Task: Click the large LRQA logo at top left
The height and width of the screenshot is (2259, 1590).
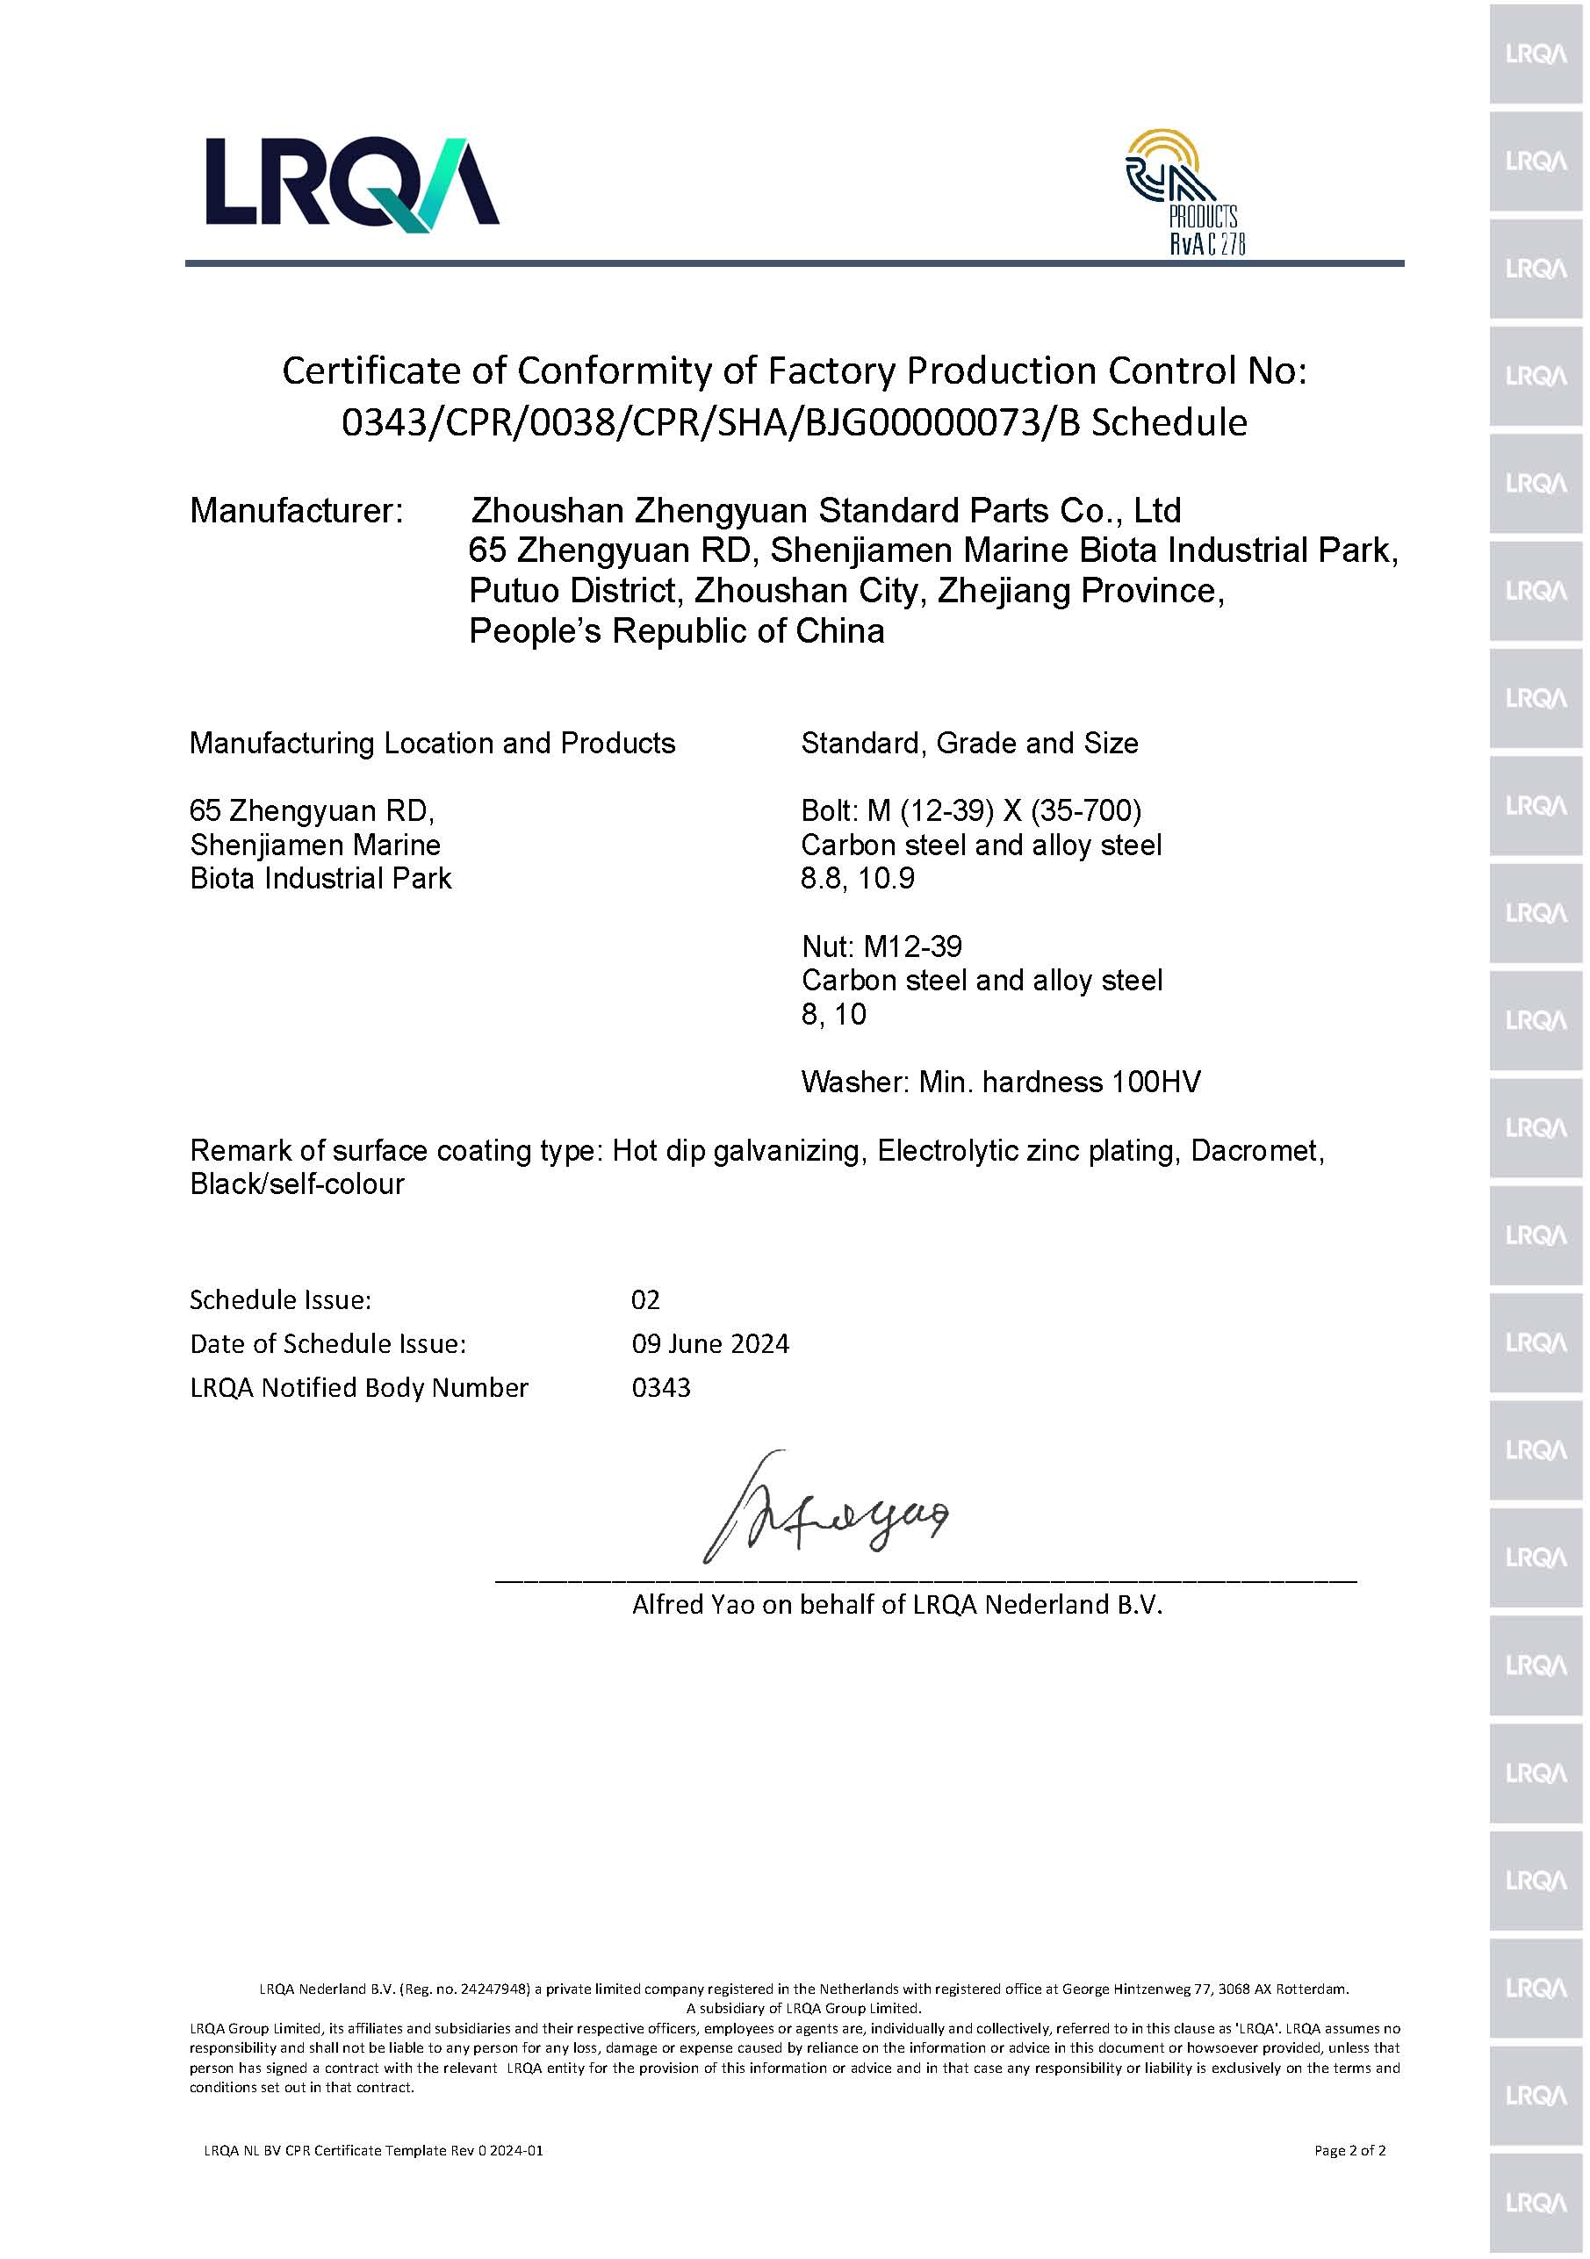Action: coord(351,184)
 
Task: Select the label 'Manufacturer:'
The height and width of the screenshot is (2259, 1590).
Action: coord(296,511)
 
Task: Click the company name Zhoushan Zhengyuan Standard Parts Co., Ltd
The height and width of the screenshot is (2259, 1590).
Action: coord(825,511)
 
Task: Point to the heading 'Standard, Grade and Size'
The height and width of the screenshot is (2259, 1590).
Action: coord(969,743)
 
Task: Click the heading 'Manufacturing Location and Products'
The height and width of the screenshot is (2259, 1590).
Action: coord(432,743)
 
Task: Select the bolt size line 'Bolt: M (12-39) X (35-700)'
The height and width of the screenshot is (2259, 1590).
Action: coord(971,810)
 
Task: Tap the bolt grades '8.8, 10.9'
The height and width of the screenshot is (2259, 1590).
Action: coord(857,878)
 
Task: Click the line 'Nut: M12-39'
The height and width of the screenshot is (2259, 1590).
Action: coord(881,946)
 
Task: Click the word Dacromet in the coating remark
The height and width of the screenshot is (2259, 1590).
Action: coord(1256,1150)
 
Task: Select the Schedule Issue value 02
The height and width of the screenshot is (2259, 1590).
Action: coord(645,1299)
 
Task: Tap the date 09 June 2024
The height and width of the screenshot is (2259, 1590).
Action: coord(710,1344)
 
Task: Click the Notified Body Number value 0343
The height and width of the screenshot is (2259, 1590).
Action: coord(661,1387)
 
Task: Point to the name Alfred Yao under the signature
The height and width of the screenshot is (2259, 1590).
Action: coord(694,1605)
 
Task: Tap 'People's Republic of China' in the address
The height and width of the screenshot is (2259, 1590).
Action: coord(677,630)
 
